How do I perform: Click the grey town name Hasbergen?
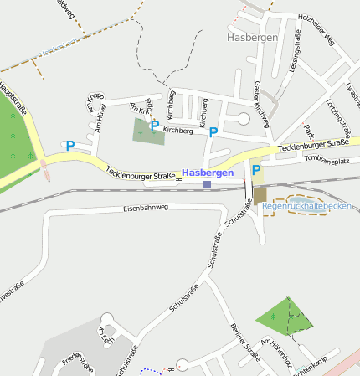252,38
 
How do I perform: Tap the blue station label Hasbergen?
207,173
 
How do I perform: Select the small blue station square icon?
207,184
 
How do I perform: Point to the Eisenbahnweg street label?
146,208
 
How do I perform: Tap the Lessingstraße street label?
294,51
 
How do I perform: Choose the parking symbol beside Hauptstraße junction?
70,146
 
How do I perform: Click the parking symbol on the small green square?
154,126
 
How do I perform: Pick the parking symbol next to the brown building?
255,170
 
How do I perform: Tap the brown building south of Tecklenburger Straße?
260,194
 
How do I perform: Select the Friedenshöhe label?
76,363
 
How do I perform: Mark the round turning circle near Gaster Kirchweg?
243,119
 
